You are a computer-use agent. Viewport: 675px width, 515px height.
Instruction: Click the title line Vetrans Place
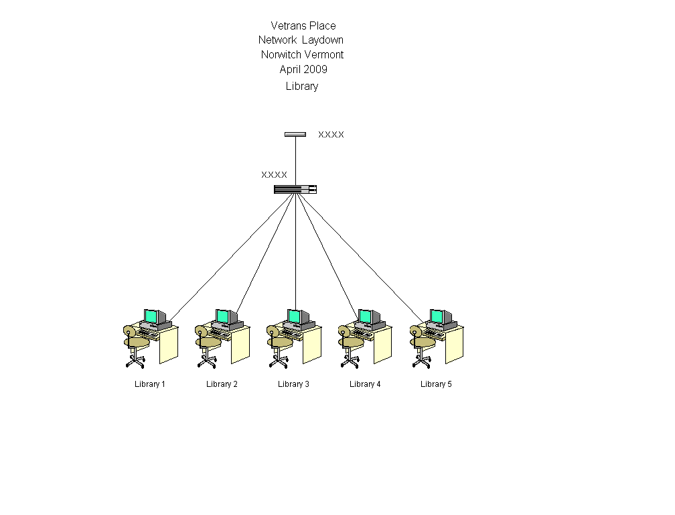point(303,26)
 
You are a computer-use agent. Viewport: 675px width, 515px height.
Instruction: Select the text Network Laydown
point(301,40)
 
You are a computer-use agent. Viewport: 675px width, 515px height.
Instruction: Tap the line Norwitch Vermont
point(302,54)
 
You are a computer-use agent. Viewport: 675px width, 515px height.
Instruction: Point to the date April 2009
point(303,69)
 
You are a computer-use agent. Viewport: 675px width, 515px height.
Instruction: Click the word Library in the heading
point(302,87)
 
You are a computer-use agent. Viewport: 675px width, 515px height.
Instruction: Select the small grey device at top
point(295,134)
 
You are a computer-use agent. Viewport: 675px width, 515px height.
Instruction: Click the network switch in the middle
point(295,189)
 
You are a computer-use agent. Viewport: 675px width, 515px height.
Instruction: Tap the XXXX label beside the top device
point(331,134)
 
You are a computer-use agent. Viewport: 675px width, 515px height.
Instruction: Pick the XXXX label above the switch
point(274,174)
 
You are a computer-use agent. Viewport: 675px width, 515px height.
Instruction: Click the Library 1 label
point(150,384)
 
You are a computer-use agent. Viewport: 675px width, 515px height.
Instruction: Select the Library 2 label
point(222,384)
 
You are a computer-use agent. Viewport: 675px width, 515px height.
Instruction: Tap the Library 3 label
point(293,384)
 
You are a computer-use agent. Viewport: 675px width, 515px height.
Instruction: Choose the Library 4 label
point(365,384)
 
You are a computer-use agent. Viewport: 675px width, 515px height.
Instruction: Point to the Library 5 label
point(436,384)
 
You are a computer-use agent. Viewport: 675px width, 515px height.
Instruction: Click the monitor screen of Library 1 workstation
point(150,316)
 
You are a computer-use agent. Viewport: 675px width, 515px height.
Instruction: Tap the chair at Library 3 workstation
point(279,343)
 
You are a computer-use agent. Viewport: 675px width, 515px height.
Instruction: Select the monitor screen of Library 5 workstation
point(437,316)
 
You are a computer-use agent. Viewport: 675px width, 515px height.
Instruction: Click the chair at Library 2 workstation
point(207,343)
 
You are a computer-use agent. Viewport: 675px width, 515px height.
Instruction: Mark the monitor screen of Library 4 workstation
point(365,316)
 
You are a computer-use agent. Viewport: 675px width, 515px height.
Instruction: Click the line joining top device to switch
point(295,160)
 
